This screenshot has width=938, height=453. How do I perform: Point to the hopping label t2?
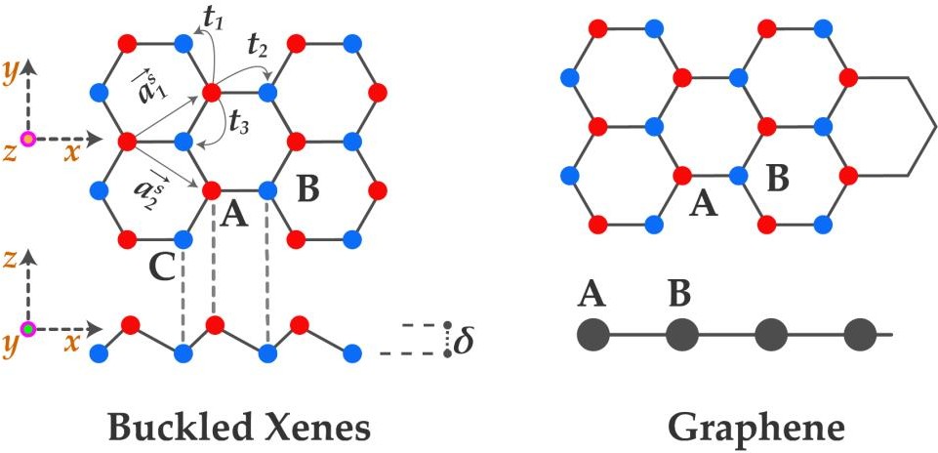click(x=257, y=44)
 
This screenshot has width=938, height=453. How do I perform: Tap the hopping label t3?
click(x=236, y=122)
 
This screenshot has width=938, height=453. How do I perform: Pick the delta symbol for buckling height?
click(x=463, y=342)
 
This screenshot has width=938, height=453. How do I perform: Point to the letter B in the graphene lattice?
click(x=778, y=179)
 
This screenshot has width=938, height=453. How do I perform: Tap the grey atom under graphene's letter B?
click(x=681, y=335)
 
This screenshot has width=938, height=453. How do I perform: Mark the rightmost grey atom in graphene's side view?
click(x=860, y=335)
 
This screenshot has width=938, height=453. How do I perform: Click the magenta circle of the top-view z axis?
click(x=28, y=139)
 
